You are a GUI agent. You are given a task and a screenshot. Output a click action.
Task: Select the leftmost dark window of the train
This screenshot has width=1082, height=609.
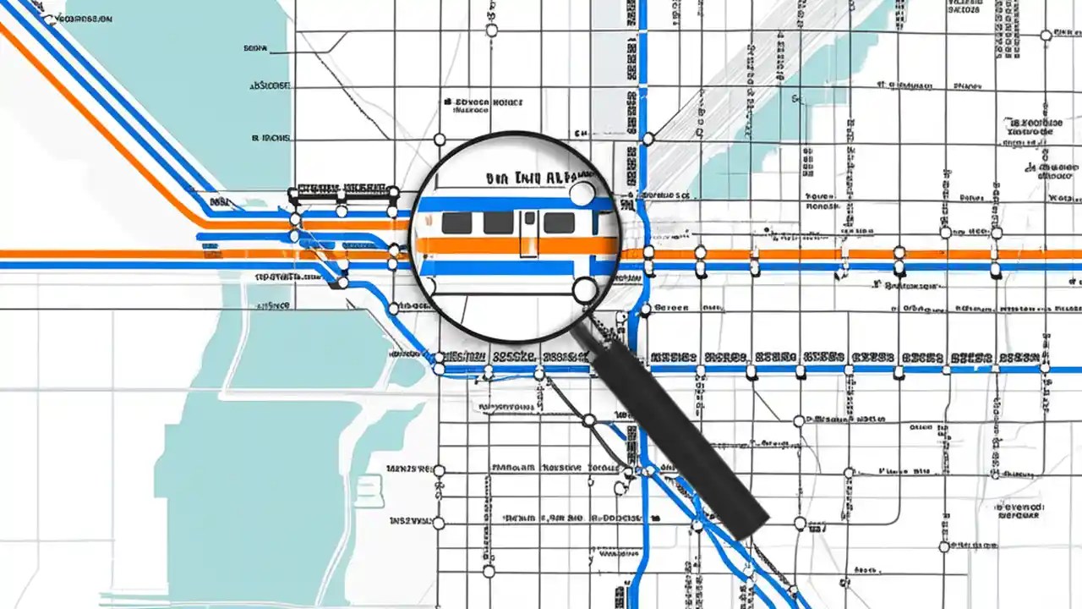(456, 222)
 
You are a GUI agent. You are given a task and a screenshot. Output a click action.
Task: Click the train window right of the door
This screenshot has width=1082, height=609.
(559, 222)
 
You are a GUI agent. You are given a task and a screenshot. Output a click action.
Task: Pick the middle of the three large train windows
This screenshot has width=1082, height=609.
(498, 222)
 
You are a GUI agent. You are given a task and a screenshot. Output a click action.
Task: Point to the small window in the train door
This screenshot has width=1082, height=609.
(528, 221)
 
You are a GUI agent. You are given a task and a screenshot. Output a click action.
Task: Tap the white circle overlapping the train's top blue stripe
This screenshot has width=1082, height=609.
(582, 195)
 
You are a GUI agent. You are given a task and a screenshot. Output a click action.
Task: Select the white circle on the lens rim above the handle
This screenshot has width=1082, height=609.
(585, 292)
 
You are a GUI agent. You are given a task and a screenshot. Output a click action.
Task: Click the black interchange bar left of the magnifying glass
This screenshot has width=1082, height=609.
(343, 190)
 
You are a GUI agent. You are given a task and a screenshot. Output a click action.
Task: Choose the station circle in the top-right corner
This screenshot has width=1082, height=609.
(1046, 35)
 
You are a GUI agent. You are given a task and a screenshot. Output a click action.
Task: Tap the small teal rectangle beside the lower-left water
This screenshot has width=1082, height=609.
(370, 491)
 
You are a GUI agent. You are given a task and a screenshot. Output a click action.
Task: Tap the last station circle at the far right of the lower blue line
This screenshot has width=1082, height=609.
(1045, 368)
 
